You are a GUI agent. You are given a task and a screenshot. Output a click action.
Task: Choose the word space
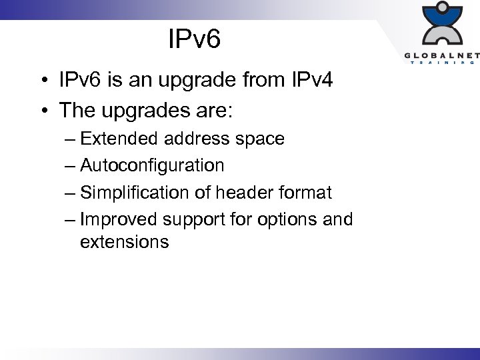pyautogui.click(x=262, y=140)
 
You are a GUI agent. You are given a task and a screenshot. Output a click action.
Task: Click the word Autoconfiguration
pyautogui.click(x=152, y=165)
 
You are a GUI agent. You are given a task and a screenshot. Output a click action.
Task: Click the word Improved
pyautogui.click(x=119, y=219)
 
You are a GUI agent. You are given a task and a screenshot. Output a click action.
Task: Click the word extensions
pyautogui.click(x=124, y=241)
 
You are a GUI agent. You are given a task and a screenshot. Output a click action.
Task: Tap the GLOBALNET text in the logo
pyautogui.click(x=441, y=56)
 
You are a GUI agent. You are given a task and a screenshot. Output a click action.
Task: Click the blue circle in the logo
pyautogui.click(x=441, y=9)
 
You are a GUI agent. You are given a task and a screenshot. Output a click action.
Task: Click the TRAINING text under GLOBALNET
pyautogui.click(x=441, y=63)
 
